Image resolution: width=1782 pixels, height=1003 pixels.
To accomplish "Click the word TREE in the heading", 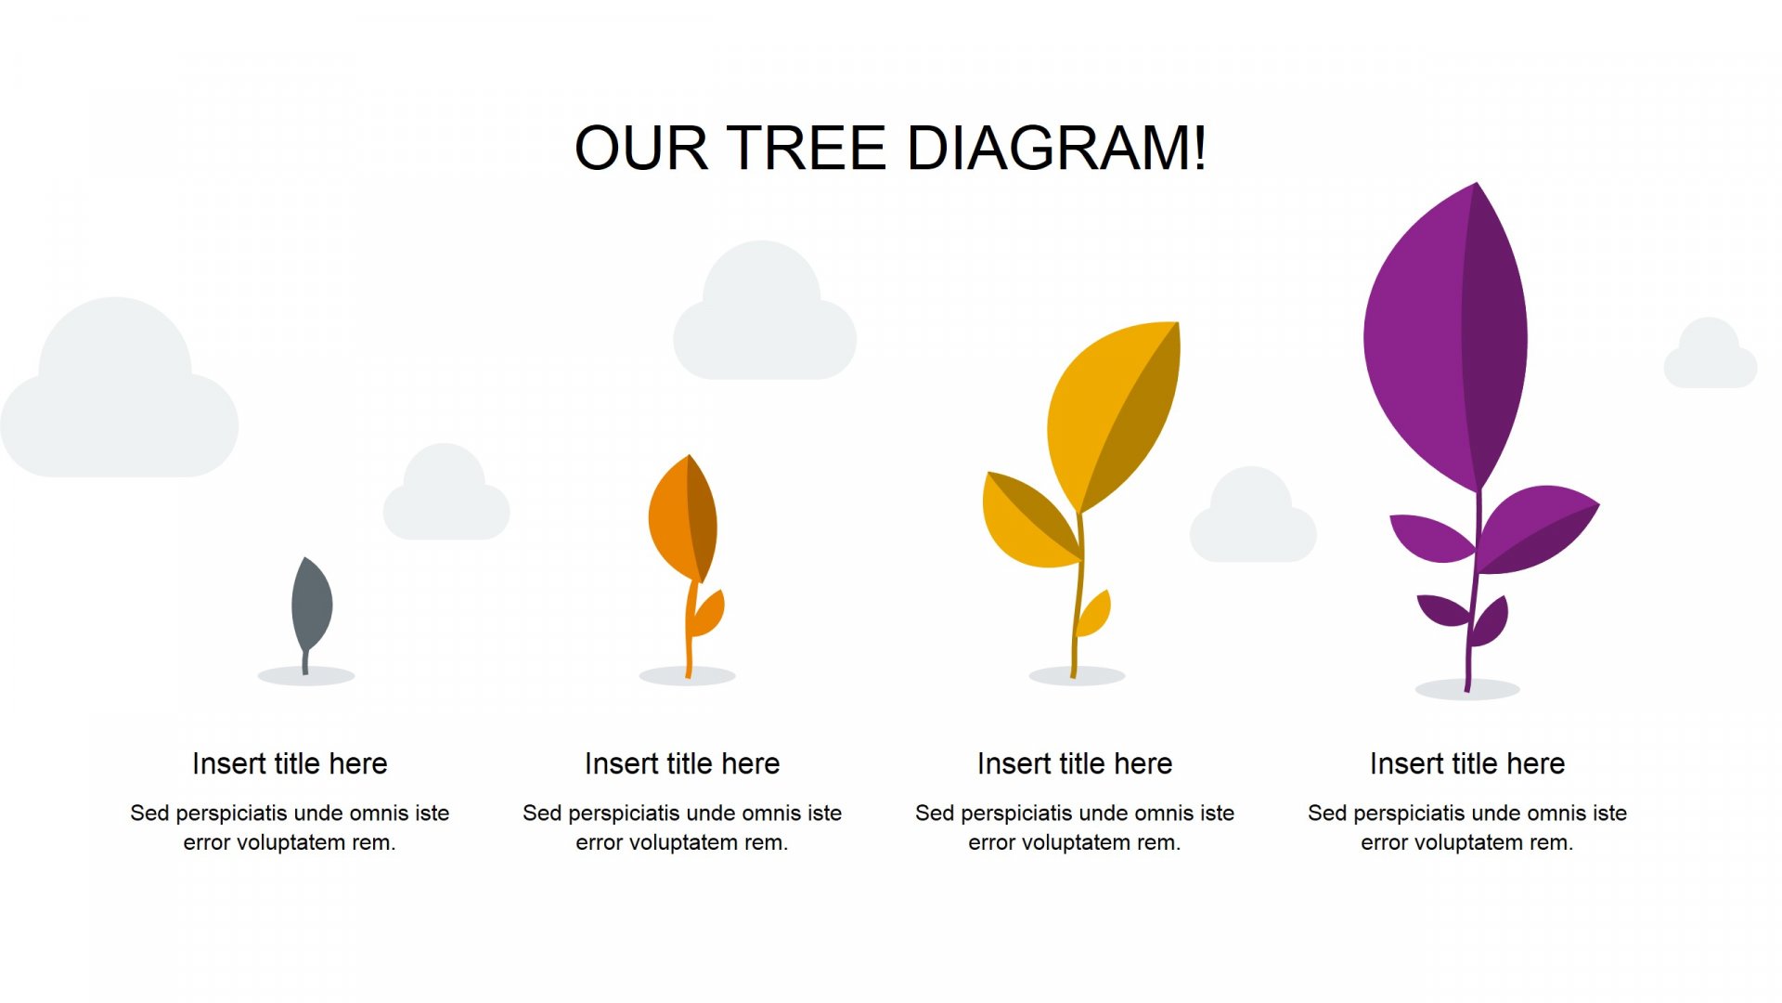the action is (x=806, y=148).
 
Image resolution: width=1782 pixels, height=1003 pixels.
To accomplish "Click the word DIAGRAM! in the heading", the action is (x=1056, y=148).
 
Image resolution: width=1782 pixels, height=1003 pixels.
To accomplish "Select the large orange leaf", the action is (x=682, y=518).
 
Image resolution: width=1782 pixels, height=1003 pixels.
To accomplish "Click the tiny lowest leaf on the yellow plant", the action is (x=1094, y=615).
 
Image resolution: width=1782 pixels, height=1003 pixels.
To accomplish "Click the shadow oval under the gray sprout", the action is (x=306, y=676).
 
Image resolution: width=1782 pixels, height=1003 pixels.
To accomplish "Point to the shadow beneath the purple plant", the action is (x=1467, y=689).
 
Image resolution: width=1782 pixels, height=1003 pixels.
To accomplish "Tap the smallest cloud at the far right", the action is (x=1710, y=353).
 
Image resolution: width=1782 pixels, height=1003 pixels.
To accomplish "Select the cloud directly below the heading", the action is (x=764, y=311).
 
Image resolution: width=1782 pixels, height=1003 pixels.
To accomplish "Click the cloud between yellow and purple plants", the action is (x=1252, y=515).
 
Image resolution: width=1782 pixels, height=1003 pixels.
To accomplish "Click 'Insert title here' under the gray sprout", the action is (x=290, y=763).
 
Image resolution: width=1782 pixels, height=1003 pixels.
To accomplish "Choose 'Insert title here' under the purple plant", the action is (x=1467, y=763).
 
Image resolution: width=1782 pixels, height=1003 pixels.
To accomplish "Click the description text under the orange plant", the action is (x=682, y=827).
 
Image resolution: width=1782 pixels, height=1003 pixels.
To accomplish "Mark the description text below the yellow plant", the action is (x=1075, y=827).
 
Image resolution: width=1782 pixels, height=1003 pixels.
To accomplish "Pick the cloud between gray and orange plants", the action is (x=446, y=493).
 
